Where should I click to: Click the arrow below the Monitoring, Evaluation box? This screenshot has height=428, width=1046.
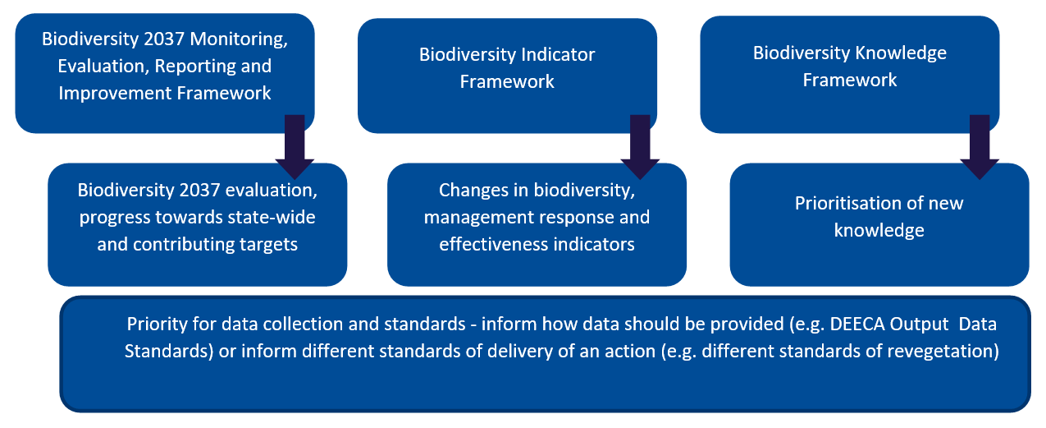point(295,147)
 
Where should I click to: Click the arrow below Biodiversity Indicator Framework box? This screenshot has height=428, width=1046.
point(640,147)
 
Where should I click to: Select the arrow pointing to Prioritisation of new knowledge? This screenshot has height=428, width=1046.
point(980,147)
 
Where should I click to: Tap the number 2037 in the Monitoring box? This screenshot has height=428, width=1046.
point(163,39)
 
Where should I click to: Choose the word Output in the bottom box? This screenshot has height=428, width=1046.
point(919,324)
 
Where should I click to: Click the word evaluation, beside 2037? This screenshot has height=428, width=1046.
point(272,191)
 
